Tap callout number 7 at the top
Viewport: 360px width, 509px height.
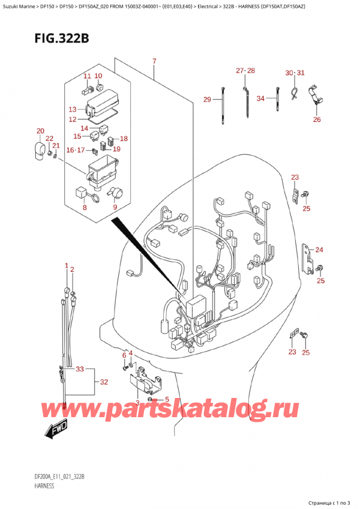(x=154, y=62)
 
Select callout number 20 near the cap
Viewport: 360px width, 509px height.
(x=40, y=131)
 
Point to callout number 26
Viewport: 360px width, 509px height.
(x=317, y=119)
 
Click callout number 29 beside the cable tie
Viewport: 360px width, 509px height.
(x=207, y=99)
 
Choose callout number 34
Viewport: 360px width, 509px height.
(x=261, y=99)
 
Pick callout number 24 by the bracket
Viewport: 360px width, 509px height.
(x=319, y=250)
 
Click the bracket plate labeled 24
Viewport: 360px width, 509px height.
(x=307, y=256)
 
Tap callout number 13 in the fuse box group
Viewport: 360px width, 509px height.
(x=73, y=109)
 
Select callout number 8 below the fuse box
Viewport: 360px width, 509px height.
(x=85, y=208)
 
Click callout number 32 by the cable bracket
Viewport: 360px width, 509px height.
(x=103, y=382)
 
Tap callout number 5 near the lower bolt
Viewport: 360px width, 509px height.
(x=167, y=400)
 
